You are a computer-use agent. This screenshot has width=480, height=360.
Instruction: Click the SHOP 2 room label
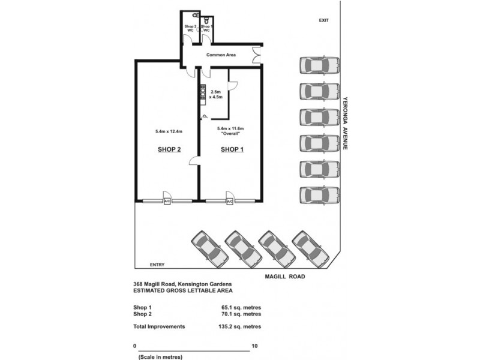[169, 150]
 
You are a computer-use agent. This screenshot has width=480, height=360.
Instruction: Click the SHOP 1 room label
[232, 150]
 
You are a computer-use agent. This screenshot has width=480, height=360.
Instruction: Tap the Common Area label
[221, 55]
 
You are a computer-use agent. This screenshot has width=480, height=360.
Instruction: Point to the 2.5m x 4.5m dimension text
[215, 94]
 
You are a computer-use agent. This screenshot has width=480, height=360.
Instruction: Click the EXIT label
[324, 20]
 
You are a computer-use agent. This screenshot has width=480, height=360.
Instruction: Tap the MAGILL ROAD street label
[286, 277]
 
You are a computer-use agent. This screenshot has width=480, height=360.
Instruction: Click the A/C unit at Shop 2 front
[167, 202]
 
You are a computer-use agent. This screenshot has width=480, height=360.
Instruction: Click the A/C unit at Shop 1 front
[229, 202]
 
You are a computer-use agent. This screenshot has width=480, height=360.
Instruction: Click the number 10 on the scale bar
[255, 346]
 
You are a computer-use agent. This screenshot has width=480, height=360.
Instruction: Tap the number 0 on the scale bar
[135, 346]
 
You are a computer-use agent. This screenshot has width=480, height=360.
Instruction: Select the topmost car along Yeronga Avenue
[319, 65]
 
